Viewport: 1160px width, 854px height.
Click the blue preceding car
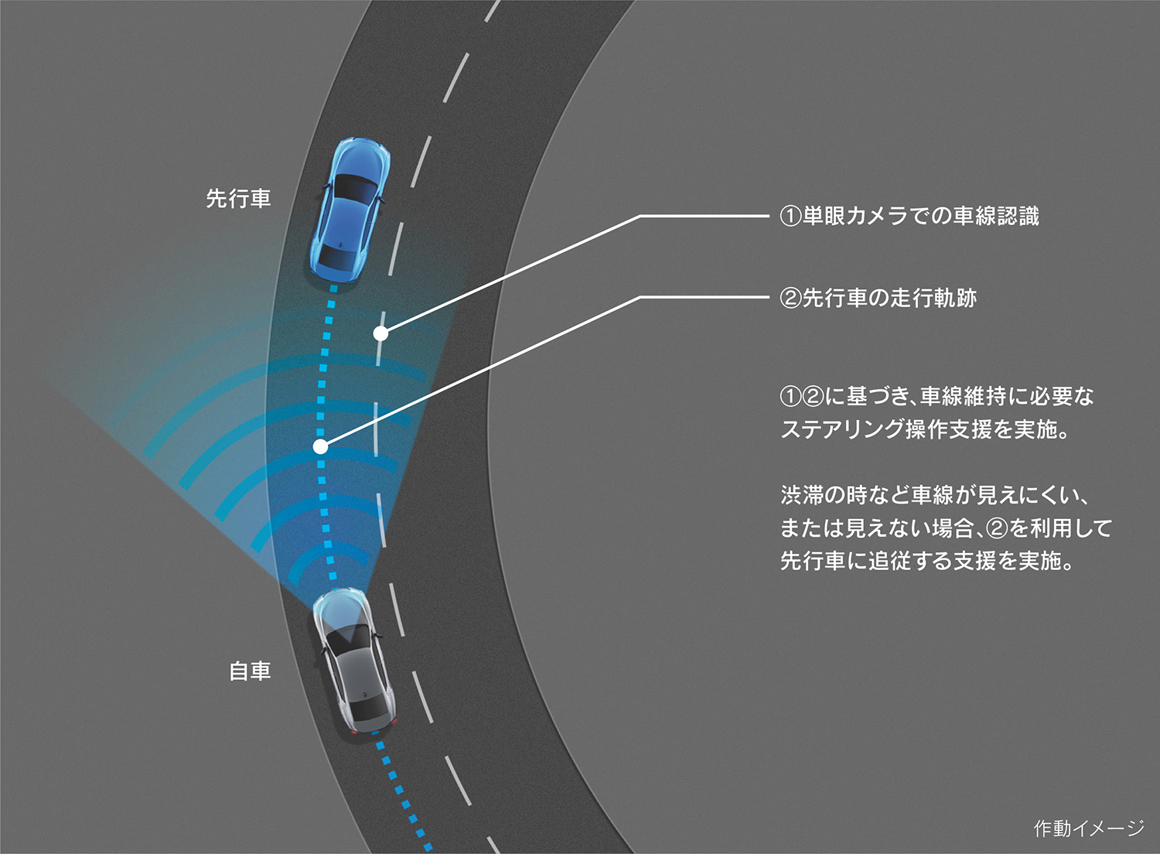click(350, 210)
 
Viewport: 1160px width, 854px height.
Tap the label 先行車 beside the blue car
click(238, 198)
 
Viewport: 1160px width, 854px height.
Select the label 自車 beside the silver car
click(250, 671)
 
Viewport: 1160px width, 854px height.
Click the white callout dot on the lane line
click(380, 333)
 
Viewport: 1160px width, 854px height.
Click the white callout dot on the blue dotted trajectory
click(321, 446)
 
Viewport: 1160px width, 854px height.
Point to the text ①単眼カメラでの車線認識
click(909, 216)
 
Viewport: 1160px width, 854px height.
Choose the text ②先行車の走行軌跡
click(879, 298)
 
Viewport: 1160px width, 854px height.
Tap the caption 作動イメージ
click(1089, 828)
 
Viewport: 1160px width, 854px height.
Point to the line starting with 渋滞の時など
click(935, 495)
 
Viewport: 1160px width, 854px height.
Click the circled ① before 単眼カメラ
click(790, 217)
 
